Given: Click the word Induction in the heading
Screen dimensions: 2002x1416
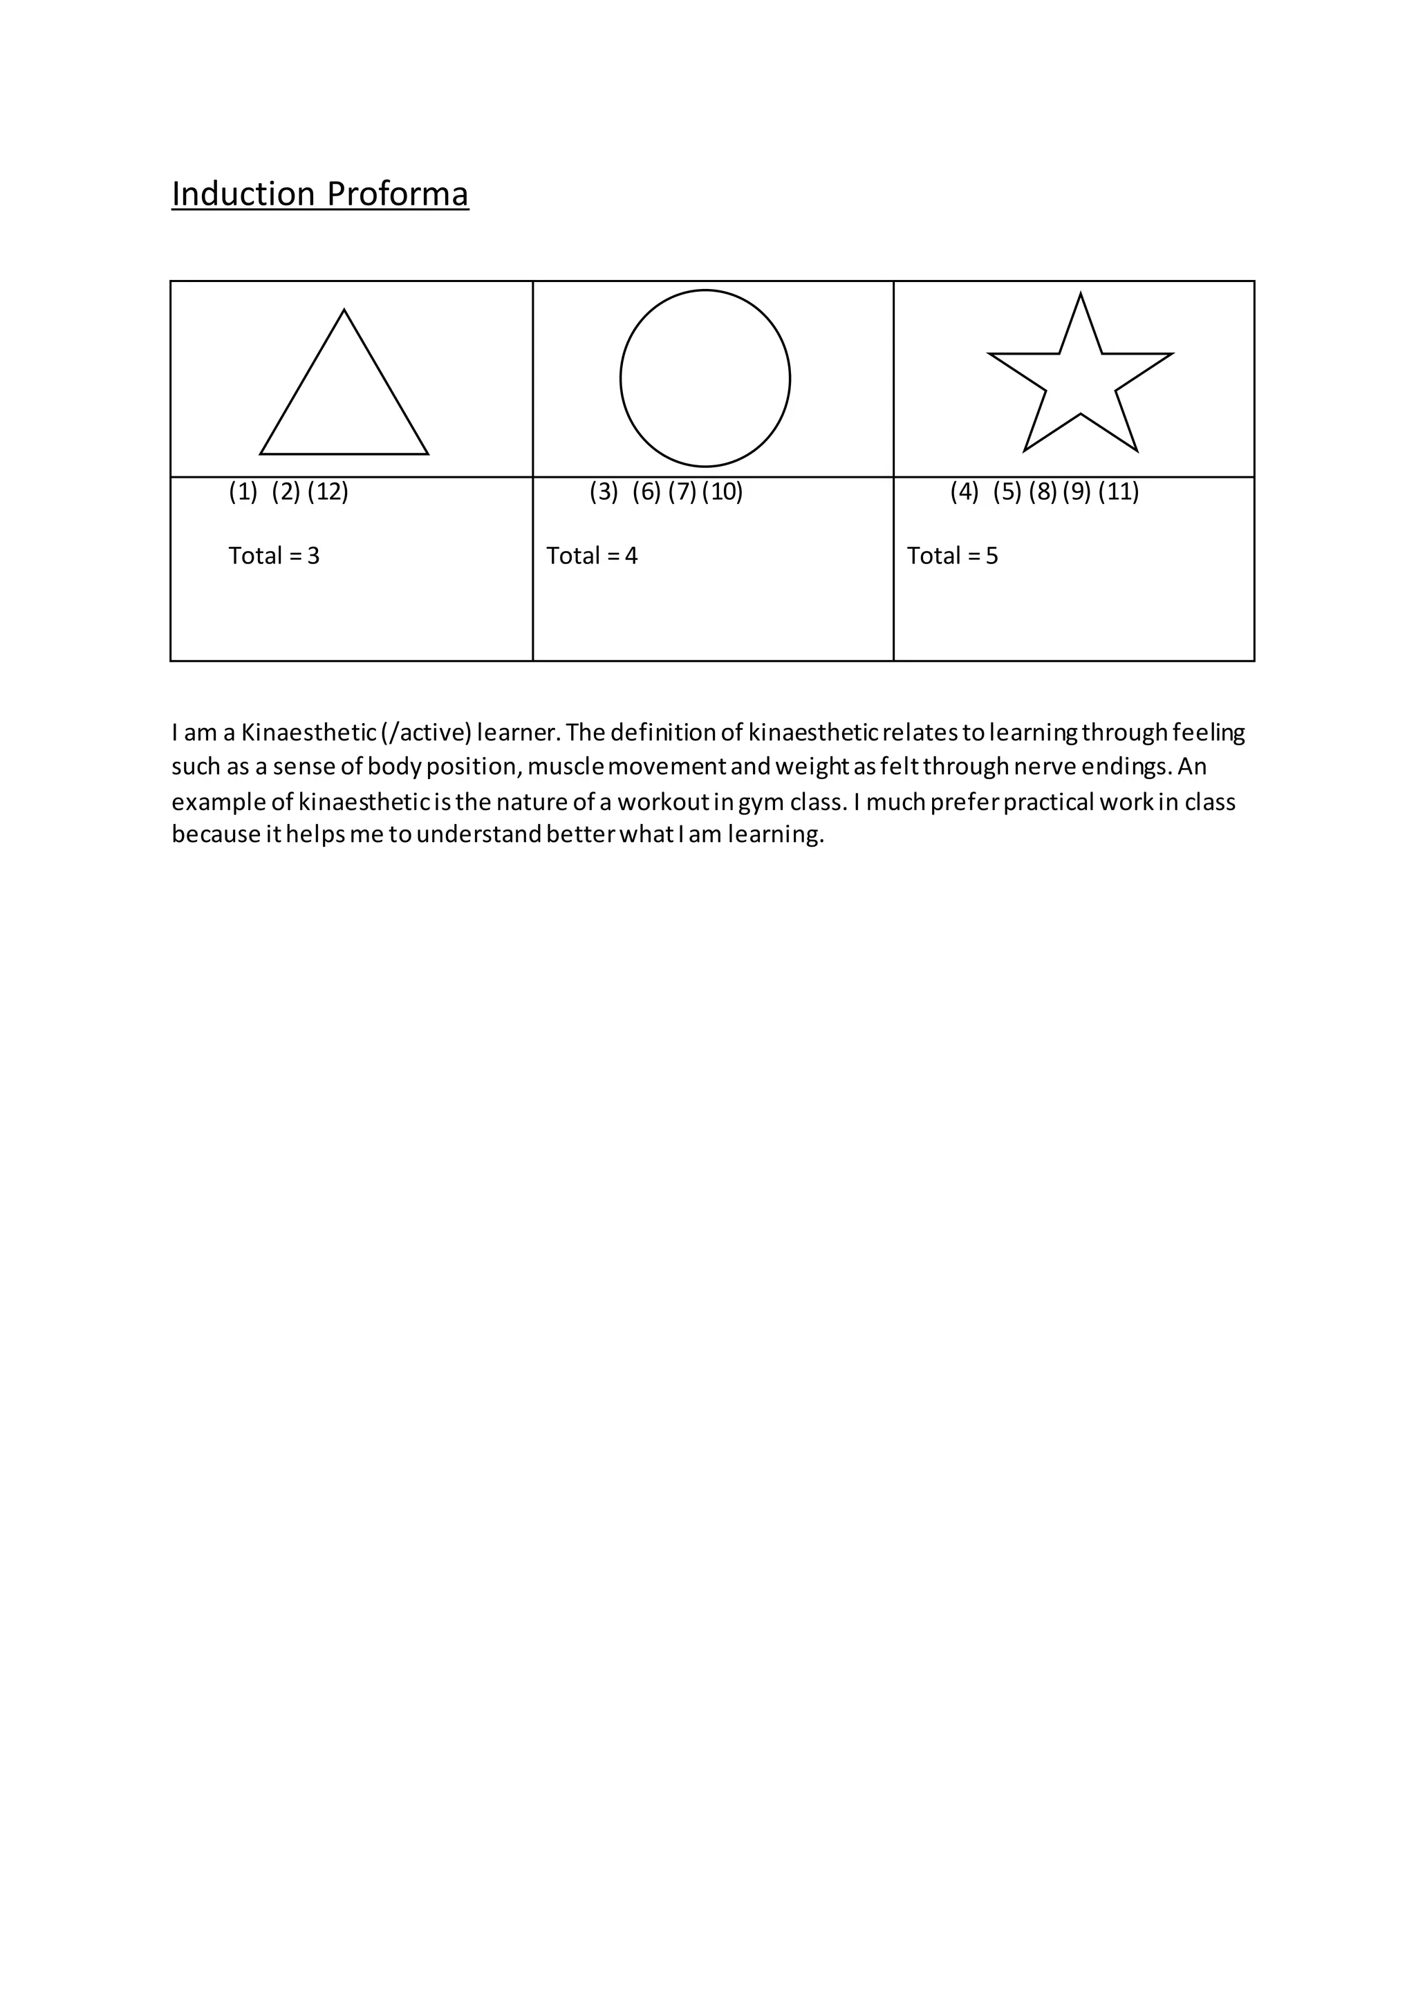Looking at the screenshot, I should [243, 194].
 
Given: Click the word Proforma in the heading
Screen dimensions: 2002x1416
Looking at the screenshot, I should [398, 194].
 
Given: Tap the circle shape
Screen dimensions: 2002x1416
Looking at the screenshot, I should [705, 377].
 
